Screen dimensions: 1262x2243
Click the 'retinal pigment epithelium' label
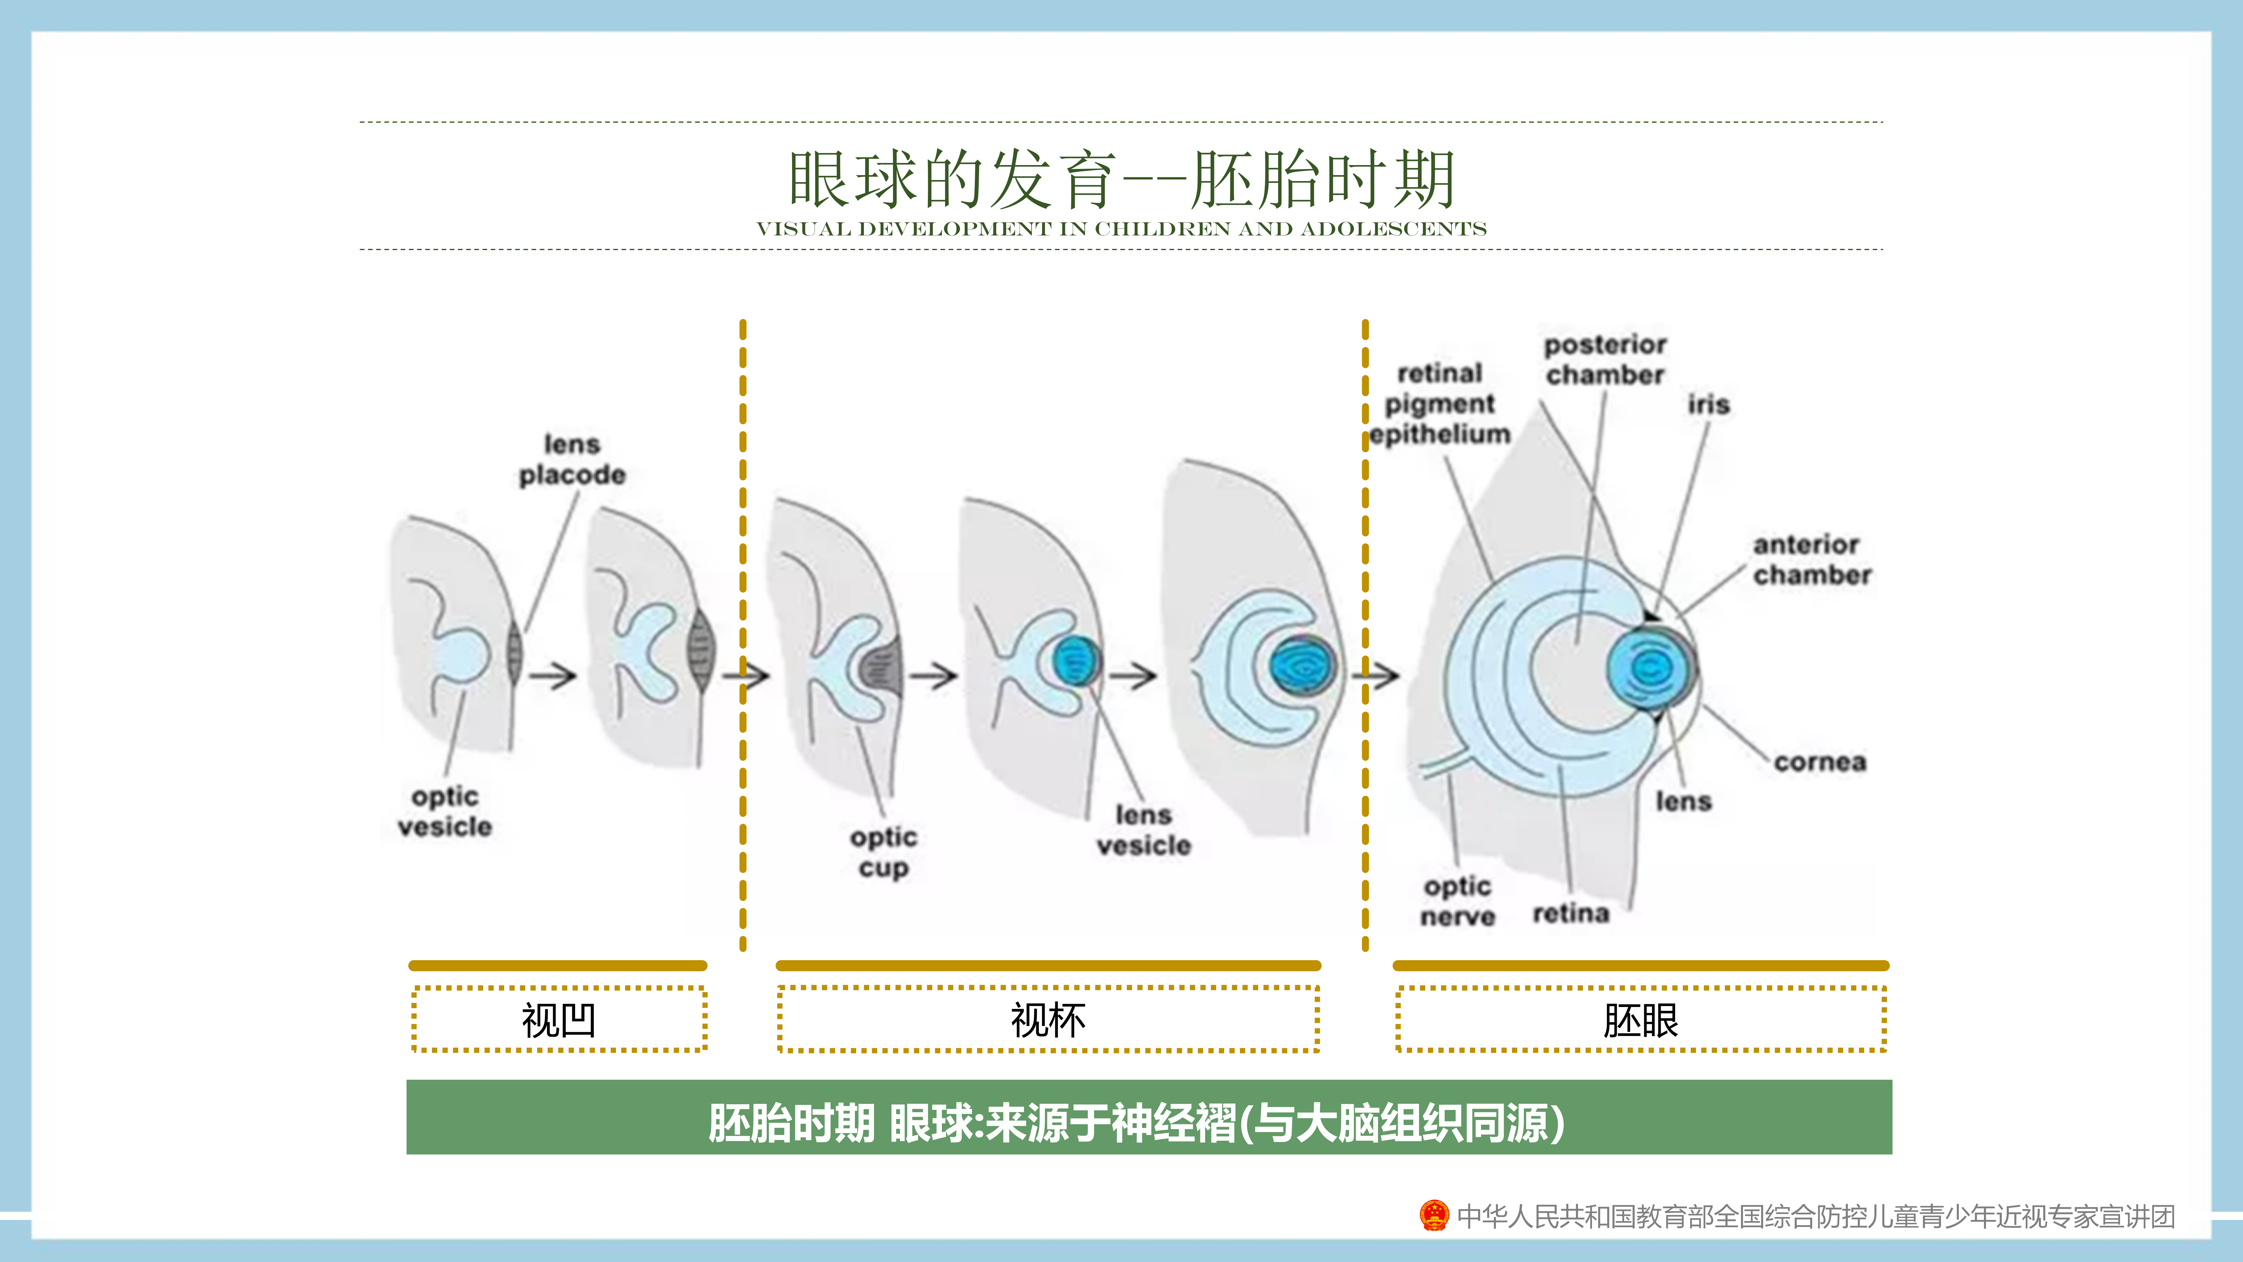click(1439, 403)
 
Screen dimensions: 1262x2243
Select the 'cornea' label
click(1820, 762)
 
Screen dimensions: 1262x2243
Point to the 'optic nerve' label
click(1458, 902)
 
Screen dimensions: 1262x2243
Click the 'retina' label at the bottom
click(1571, 913)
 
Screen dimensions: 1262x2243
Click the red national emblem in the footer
click(1433, 1215)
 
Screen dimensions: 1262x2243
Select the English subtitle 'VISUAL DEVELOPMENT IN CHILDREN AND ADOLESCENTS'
click(1121, 229)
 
